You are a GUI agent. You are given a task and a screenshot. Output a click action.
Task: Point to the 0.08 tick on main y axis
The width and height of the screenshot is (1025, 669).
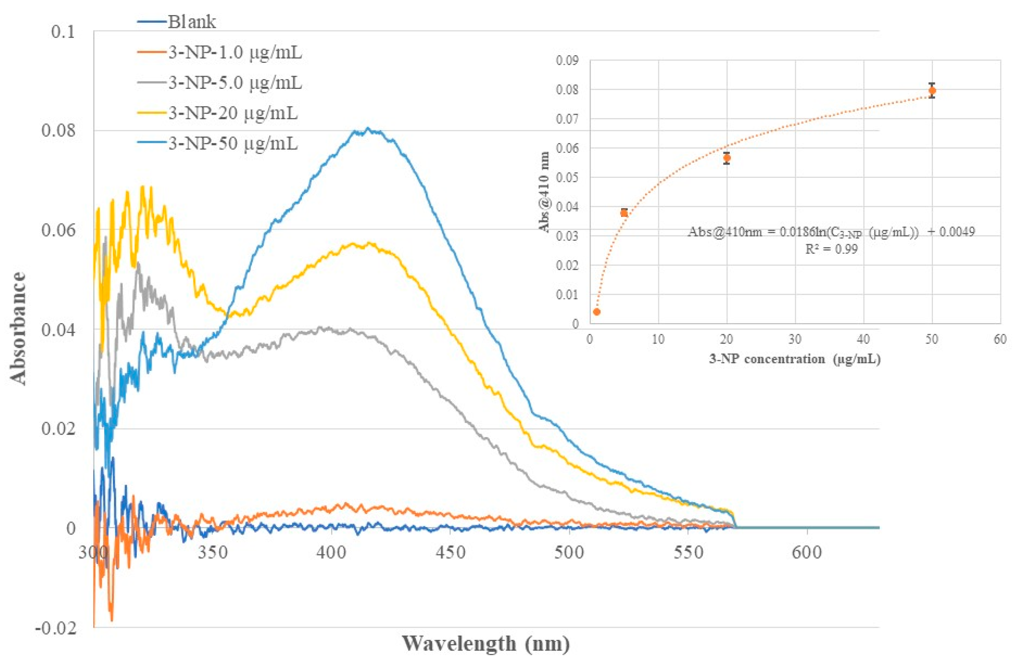pos(58,131)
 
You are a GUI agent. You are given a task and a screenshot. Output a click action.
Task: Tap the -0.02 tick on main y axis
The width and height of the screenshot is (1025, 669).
pos(56,628)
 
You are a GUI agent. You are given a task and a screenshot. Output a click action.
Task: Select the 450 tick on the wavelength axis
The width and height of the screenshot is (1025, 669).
pos(450,552)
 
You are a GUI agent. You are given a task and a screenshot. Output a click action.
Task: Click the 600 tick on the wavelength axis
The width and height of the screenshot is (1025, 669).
pos(807,552)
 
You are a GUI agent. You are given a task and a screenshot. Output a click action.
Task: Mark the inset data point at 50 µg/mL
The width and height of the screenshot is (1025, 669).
pos(932,91)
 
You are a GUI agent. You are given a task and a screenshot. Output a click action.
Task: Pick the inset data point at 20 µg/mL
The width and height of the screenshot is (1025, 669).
pos(727,158)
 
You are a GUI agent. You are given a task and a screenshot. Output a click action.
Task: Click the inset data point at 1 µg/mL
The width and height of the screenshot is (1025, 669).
pos(597,312)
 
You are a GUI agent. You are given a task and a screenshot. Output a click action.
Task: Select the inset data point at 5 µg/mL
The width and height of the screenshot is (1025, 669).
pos(624,213)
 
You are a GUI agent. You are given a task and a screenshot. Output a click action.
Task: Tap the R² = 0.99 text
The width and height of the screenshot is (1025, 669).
pos(831,249)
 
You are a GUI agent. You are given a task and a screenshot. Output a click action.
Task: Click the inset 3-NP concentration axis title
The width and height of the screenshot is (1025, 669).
pos(795,359)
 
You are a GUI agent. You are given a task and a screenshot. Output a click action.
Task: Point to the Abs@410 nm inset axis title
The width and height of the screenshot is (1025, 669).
pos(544,192)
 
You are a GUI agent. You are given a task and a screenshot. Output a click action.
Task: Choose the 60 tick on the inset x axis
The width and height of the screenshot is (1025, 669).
pos(1000,339)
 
